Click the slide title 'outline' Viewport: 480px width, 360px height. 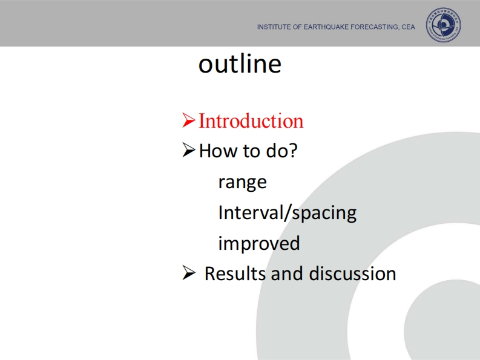coord(240,64)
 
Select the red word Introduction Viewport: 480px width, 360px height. coord(251,120)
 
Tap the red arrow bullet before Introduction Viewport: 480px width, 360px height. coord(189,120)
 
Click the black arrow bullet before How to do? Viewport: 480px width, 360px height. coord(189,149)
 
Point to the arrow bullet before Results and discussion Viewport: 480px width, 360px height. coord(189,272)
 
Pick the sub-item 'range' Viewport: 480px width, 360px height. coord(243,183)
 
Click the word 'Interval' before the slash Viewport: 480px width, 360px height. coord(251,212)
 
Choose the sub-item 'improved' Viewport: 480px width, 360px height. coord(259,244)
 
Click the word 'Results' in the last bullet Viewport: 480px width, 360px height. coord(235,273)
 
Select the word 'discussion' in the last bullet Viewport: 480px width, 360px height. coord(353,273)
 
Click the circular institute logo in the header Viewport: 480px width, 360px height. coord(443,25)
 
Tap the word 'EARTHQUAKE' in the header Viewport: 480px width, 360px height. coord(326,27)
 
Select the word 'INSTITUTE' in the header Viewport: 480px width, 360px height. coord(274,27)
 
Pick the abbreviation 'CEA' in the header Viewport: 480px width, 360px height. coord(409,27)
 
